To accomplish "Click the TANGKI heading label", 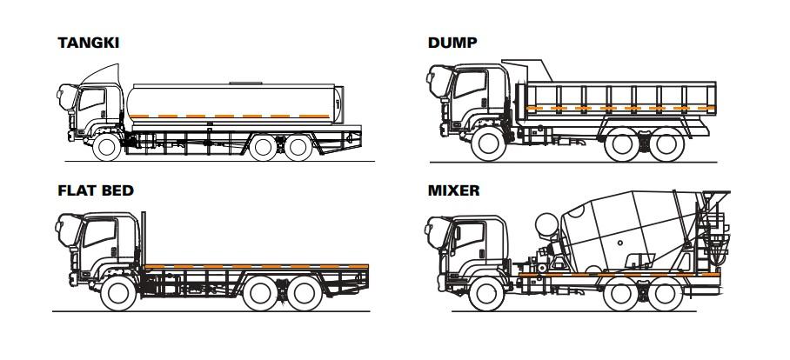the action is [88, 43].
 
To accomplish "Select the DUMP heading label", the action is [452, 43].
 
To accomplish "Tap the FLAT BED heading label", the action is [96, 190].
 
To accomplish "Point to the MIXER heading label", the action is [453, 190].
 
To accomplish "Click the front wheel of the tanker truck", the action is [107, 147].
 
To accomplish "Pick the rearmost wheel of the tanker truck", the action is [298, 148].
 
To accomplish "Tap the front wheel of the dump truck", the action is [488, 144].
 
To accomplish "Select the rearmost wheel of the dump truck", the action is [666, 144].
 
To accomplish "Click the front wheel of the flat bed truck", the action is [118, 294].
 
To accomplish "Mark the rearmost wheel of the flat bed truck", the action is [305, 294].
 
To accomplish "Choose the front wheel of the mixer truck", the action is [486, 294].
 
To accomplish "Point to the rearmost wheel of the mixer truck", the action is [666, 294].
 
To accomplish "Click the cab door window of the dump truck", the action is [470, 84].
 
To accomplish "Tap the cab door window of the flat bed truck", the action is [100, 233].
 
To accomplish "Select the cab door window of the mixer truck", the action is [469, 236].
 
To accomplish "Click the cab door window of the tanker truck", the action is [91, 99].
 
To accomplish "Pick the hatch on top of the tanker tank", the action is [245, 83].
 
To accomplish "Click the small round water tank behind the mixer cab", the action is [547, 224].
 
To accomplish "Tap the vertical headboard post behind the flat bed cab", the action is [143, 238].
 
